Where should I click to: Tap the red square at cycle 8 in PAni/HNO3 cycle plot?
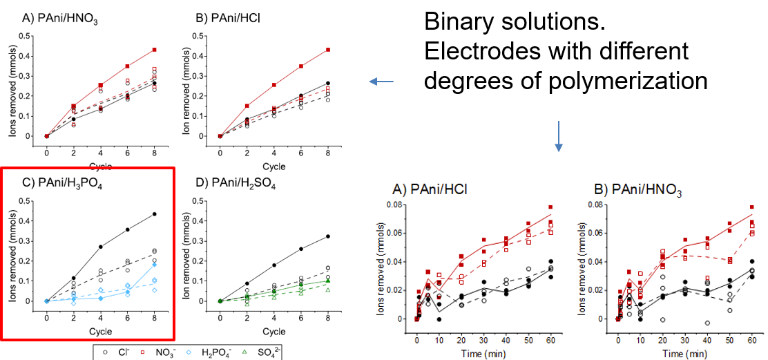point(154,50)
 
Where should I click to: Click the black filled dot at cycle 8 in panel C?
point(154,214)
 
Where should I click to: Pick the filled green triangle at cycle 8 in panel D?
point(327,281)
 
